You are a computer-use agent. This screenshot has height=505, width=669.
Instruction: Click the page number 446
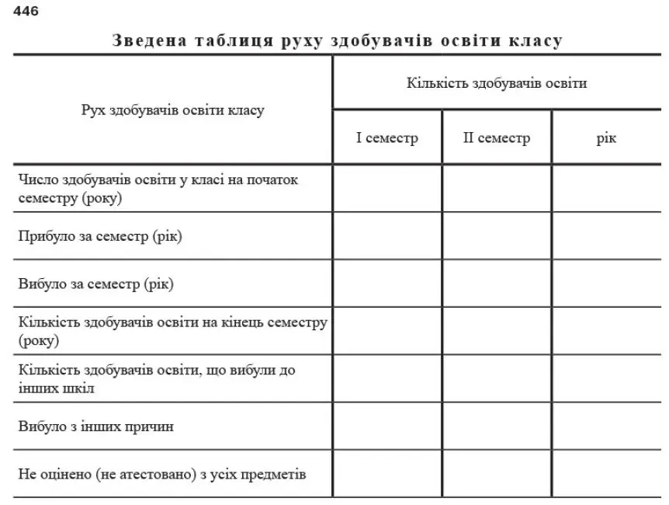(26, 11)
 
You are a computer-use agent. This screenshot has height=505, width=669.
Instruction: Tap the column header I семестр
(387, 138)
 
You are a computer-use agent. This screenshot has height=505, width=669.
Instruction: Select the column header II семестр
(497, 138)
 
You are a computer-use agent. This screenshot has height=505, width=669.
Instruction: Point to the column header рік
(606, 138)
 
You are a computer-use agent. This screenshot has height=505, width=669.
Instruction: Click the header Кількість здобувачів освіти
(497, 83)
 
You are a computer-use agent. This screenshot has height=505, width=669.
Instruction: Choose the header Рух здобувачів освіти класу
(172, 110)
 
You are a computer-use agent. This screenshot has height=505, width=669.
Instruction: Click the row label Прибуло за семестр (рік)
(100, 235)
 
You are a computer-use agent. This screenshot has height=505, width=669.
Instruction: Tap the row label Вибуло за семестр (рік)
(96, 284)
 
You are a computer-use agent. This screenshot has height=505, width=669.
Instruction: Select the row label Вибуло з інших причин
(96, 427)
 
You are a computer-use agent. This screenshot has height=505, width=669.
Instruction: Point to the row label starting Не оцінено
(162, 474)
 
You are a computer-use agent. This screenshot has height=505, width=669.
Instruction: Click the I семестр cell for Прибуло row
(387, 235)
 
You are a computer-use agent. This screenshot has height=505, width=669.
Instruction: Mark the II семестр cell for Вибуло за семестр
(497, 284)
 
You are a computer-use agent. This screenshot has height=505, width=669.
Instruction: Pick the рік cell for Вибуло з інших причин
(606, 427)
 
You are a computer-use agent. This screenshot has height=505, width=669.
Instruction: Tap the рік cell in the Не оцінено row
(606, 474)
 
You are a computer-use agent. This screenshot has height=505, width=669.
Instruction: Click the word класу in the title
(534, 40)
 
